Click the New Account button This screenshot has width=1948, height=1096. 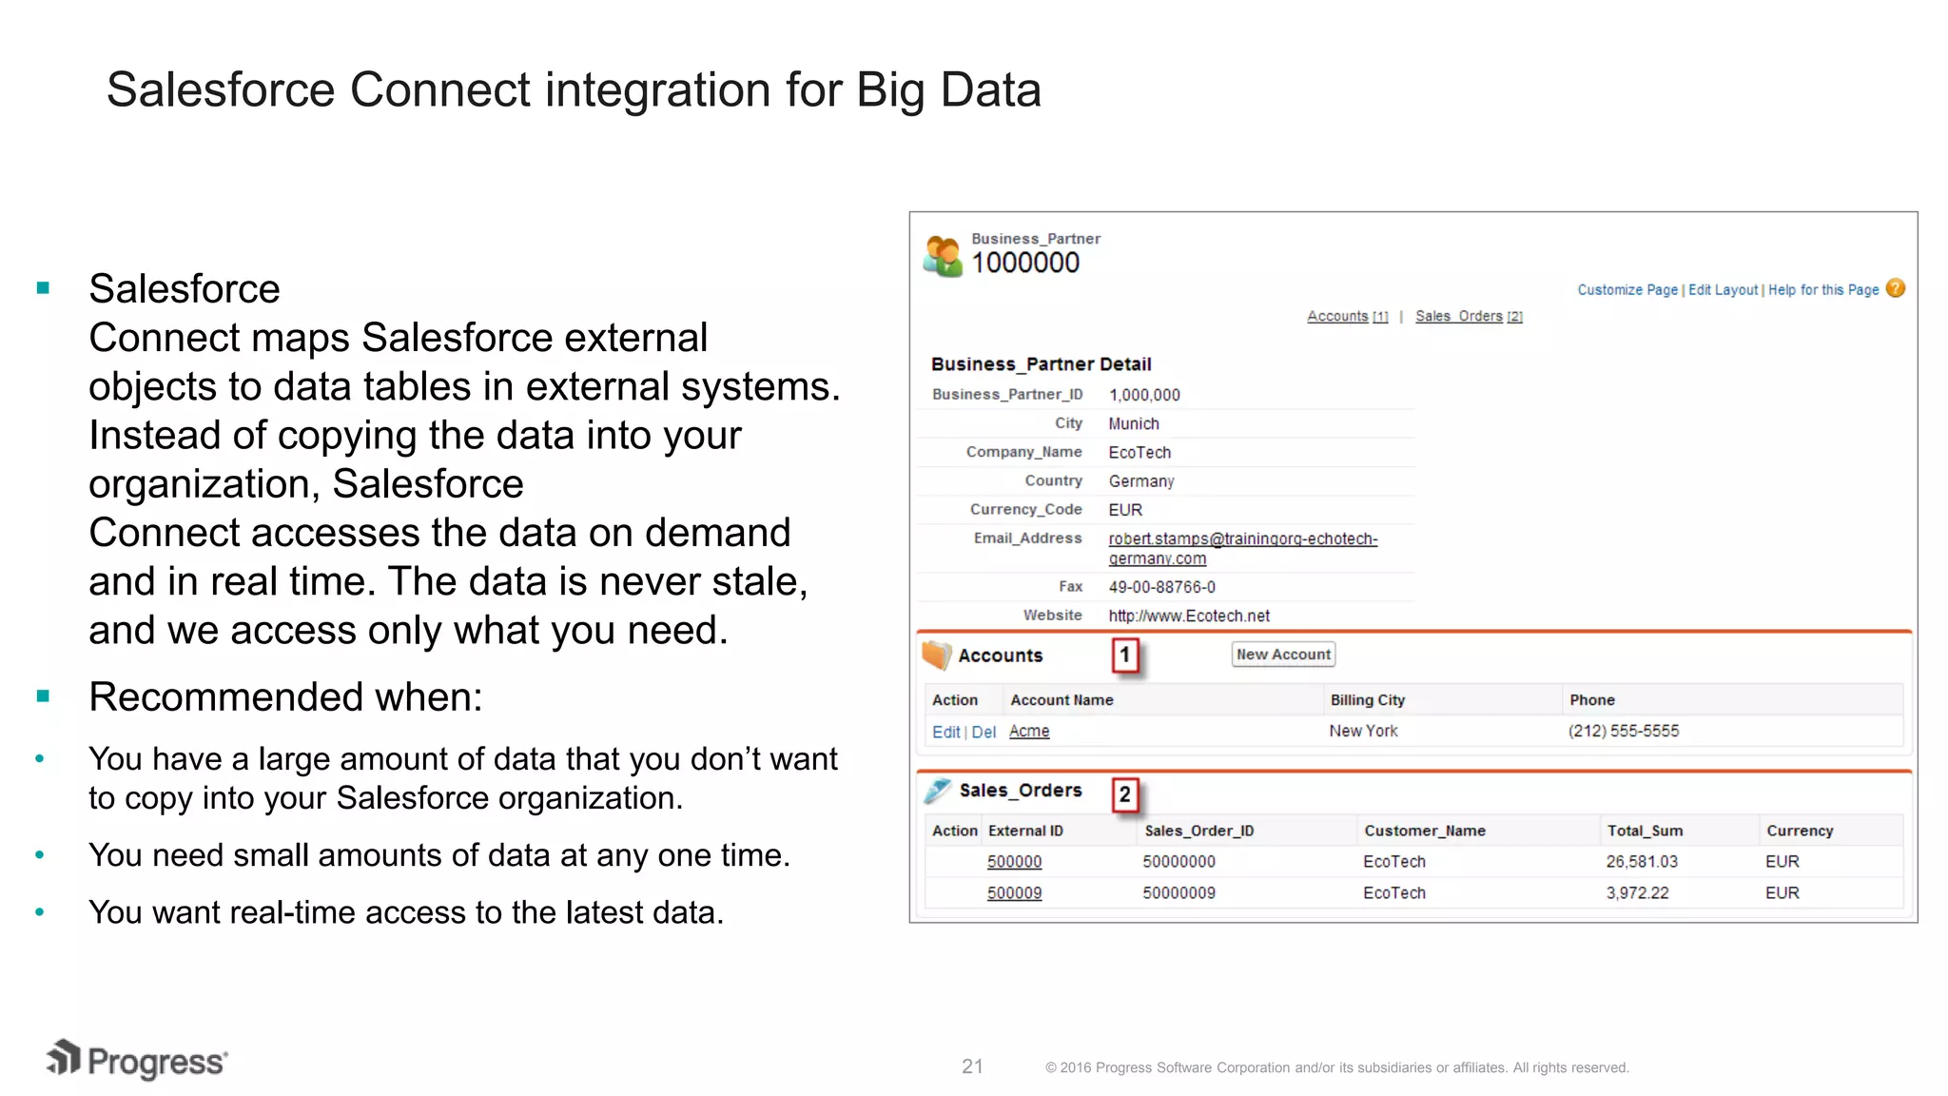pyautogui.click(x=1283, y=655)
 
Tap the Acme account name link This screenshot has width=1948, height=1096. pyautogui.click(x=1029, y=732)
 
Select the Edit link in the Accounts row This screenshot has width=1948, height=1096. pyautogui.click(x=945, y=733)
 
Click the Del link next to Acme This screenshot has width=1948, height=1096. pyautogui.click(x=984, y=733)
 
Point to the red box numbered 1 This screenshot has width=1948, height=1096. pyautogui.click(x=1125, y=655)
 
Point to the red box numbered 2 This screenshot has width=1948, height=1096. pyautogui.click(x=1125, y=794)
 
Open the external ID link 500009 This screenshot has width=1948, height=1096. pyautogui.click(x=1014, y=893)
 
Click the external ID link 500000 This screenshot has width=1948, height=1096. pyautogui.click(x=1014, y=862)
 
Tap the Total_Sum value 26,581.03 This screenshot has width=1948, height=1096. pyautogui.click(x=1642, y=862)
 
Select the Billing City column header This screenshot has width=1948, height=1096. pyautogui.click(x=1367, y=700)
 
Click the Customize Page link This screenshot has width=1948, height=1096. pyautogui.click(x=1627, y=290)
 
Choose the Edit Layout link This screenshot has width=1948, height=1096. pyautogui.click(x=1723, y=290)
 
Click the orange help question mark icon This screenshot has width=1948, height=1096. pyautogui.click(x=1896, y=288)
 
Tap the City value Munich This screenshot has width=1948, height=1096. pyautogui.click(x=1134, y=424)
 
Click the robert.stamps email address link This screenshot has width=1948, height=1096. pyautogui.click(x=1242, y=539)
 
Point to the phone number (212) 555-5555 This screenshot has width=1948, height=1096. pyautogui.click(x=1624, y=732)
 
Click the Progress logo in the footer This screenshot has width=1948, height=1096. pyautogui.click(x=137, y=1060)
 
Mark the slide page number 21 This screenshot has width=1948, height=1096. pyautogui.click(x=972, y=1067)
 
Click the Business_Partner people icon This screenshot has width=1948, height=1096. pyautogui.click(x=943, y=256)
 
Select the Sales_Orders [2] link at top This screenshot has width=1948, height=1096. pyautogui.click(x=1468, y=317)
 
